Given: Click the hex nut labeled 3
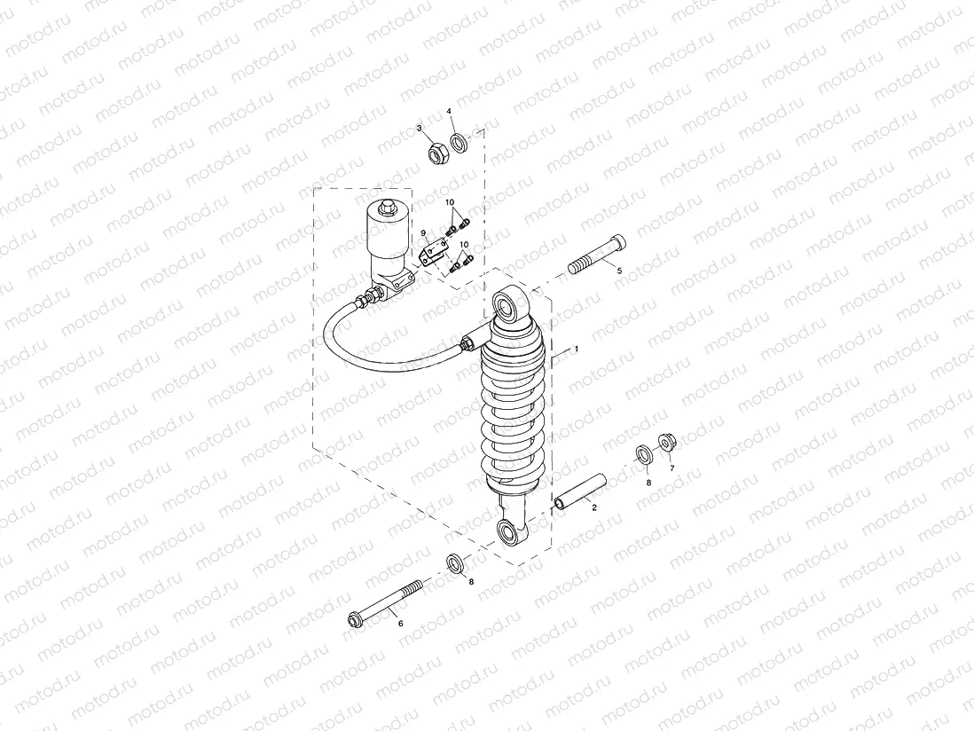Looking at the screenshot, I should coord(436,154).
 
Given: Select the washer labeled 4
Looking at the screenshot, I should coord(460,142).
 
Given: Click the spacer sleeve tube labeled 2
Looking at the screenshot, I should coord(580,493).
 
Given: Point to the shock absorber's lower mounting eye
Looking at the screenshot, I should coord(509,532).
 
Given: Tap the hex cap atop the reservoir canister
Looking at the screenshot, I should coord(388,208).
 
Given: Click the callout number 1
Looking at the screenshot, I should coord(576,350).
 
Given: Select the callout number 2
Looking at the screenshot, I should coord(594,507).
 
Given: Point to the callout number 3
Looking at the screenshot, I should coord(420,129).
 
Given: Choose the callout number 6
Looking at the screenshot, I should coord(400,624).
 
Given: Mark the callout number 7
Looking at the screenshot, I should coord(672,468).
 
